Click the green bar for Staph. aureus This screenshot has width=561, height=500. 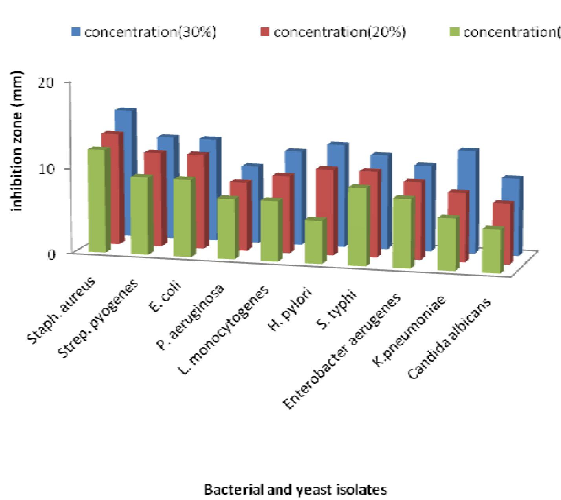tap(96, 200)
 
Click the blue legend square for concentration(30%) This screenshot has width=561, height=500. tap(76, 32)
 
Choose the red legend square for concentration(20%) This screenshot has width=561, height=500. tap(265, 32)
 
